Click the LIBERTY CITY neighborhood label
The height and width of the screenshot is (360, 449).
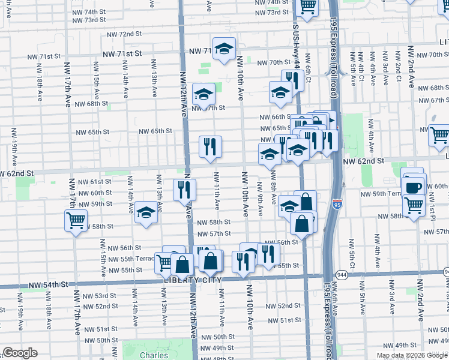tap(193, 280)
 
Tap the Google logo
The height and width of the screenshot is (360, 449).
tap(20, 353)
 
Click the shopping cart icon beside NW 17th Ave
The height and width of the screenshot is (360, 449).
tap(75, 220)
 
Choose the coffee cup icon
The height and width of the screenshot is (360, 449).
tap(414, 187)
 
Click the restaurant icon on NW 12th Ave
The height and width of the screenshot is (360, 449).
tap(185, 189)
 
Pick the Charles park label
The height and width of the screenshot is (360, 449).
tap(154, 356)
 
